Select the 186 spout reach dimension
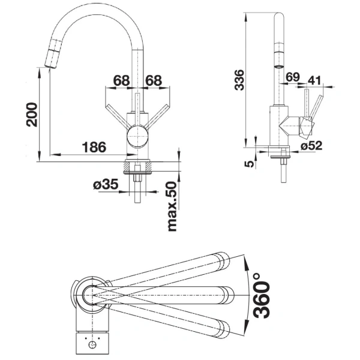click(94, 146)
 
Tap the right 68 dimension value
click(154, 80)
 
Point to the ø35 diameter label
click(106, 185)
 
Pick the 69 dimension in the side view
click(293, 77)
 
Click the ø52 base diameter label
click(312, 145)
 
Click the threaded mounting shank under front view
click(139, 183)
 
